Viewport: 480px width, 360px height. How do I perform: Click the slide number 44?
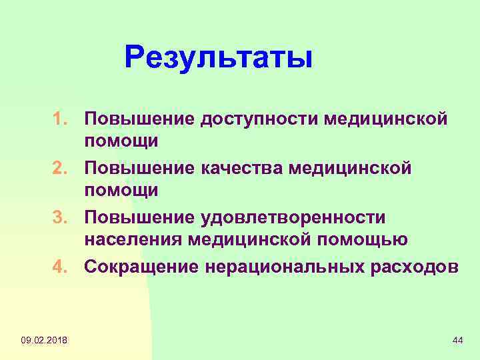(457, 341)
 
